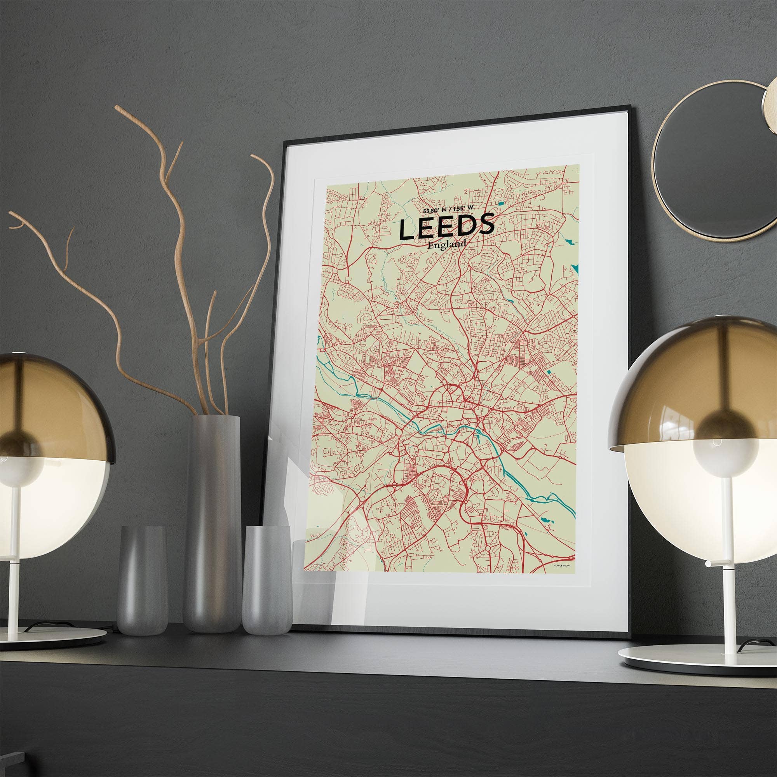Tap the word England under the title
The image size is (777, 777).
click(x=447, y=244)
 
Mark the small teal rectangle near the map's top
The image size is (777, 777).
click(x=501, y=204)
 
